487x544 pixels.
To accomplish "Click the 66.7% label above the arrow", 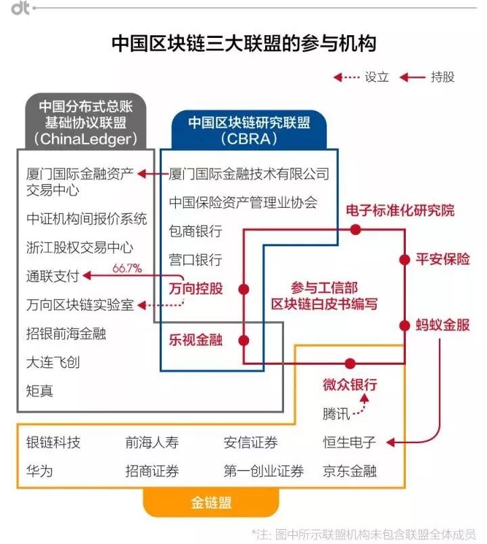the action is click(x=127, y=268).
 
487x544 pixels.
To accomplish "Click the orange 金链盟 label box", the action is click(x=211, y=503).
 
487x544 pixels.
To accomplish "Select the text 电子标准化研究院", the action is click(x=400, y=210).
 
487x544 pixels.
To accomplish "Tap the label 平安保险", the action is click(x=442, y=260).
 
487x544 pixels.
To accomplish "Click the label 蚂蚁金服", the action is click(x=442, y=325).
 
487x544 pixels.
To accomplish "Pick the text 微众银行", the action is click(x=350, y=385).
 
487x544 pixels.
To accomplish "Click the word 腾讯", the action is click(x=336, y=414).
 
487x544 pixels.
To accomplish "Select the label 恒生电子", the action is click(x=350, y=443).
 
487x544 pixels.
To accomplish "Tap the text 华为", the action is click(x=39, y=471).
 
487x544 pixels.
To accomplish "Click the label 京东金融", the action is click(x=350, y=471).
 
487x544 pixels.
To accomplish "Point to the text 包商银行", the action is click(x=195, y=231).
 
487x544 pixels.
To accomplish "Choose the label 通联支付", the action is click(x=53, y=276).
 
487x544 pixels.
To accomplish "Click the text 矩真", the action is click(x=39, y=391).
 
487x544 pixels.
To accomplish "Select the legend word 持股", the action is click(x=442, y=77).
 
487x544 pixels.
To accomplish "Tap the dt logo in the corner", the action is click(x=20, y=9).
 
